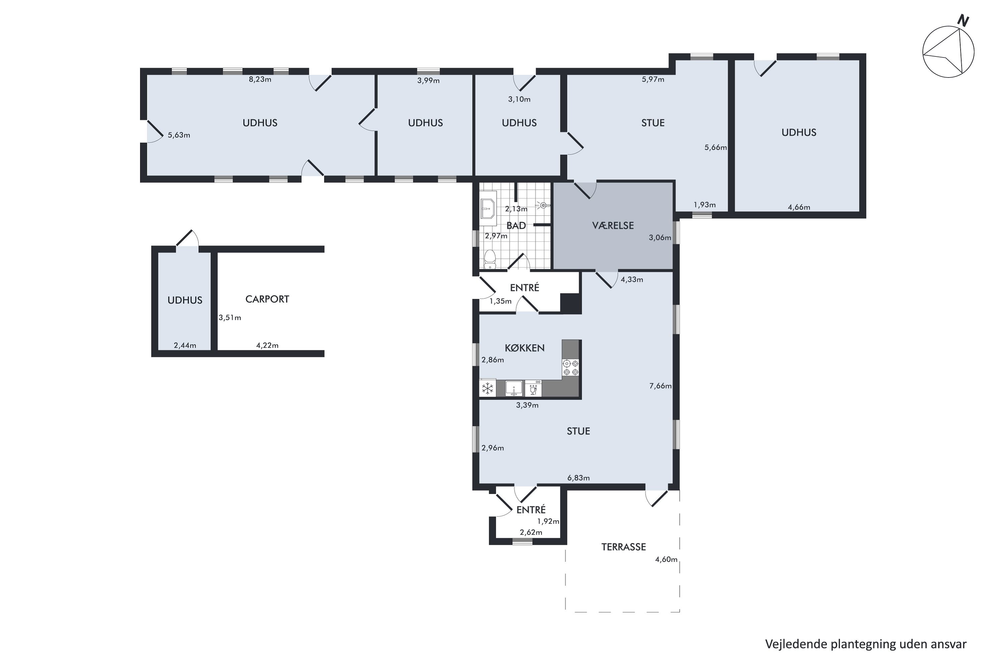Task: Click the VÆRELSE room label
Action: pos(613,225)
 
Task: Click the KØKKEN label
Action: pos(525,348)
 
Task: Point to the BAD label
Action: pos(516,225)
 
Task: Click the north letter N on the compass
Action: pos(963,20)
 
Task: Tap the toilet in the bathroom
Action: pos(490,259)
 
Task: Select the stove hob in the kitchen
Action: pos(571,368)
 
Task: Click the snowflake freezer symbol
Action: pos(487,388)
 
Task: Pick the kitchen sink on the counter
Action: pos(514,388)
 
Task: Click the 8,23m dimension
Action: pos(260,79)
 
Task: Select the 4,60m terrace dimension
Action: pos(666,559)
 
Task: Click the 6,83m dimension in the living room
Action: pos(578,478)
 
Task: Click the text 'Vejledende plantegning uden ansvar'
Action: pos(866,644)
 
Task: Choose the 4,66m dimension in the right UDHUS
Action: pos(799,207)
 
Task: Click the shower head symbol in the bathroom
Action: pos(542,205)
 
